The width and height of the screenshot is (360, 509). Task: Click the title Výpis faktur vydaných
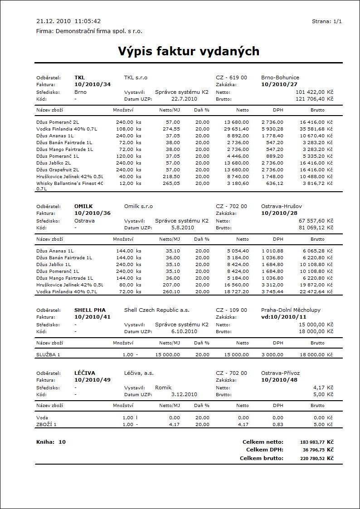[x=189, y=51]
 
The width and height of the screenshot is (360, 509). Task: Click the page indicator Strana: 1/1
[x=326, y=21]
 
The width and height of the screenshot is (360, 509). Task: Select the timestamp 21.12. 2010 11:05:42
[x=68, y=21]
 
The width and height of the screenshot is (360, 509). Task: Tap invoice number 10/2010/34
[x=92, y=84]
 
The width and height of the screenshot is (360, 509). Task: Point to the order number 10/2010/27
[x=279, y=84]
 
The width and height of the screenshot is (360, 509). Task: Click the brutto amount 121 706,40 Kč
[x=314, y=98]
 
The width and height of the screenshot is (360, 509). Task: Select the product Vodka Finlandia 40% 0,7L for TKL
[x=66, y=129]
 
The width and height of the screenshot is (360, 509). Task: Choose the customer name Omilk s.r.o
[x=138, y=206]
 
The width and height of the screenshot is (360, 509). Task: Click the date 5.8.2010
[x=182, y=228]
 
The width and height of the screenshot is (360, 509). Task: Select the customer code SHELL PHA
[x=90, y=310]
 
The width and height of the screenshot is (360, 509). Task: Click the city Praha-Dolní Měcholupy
[x=291, y=310]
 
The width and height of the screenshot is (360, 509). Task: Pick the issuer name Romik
[x=164, y=388]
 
